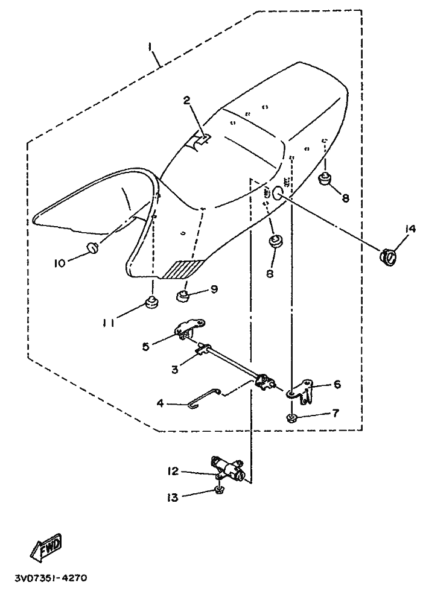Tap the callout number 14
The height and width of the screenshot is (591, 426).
click(410, 229)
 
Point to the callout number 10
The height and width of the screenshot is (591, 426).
click(60, 263)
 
